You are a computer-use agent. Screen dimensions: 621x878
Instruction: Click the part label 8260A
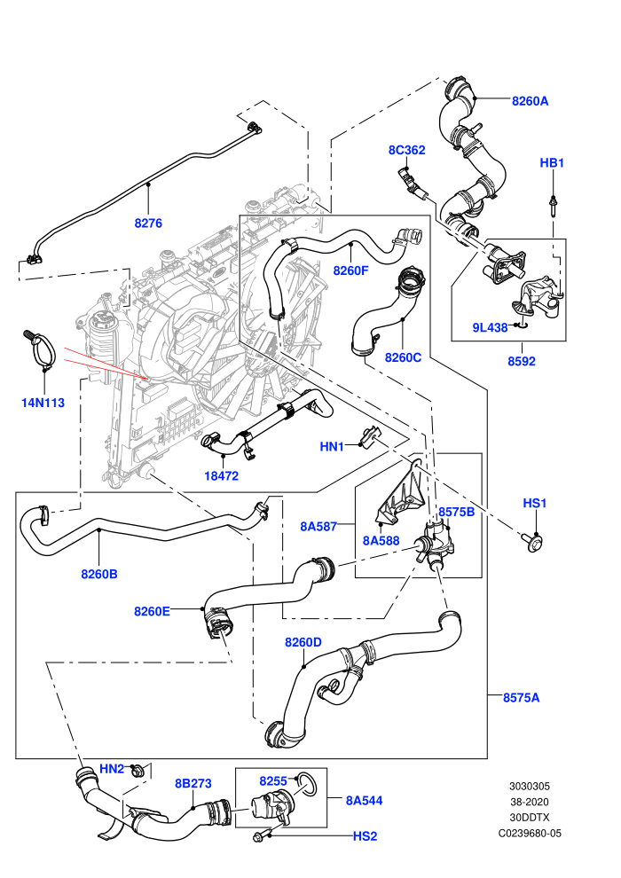pyautogui.click(x=530, y=101)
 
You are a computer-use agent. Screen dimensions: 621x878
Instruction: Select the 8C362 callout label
pyautogui.click(x=406, y=150)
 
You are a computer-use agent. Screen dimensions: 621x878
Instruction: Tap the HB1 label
pyautogui.click(x=552, y=162)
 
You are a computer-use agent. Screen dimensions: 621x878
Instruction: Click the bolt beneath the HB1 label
pyautogui.click(x=553, y=205)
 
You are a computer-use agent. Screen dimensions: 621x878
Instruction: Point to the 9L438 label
pyautogui.click(x=490, y=327)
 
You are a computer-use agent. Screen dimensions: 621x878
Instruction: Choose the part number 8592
pyautogui.click(x=522, y=361)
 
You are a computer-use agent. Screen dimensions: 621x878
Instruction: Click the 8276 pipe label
pyautogui.click(x=148, y=223)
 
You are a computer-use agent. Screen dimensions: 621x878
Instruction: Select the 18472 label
pyautogui.click(x=221, y=475)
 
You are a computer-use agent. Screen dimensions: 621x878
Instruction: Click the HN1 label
pyautogui.click(x=332, y=446)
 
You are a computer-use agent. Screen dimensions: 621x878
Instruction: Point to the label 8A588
pyautogui.click(x=381, y=540)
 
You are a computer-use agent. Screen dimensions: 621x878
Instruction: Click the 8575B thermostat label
pyautogui.click(x=456, y=511)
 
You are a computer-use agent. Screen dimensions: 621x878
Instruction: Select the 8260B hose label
pyautogui.click(x=99, y=574)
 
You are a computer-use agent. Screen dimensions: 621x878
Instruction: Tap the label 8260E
pyautogui.click(x=152, y=611)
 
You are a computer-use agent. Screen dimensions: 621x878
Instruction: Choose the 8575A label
pyautogui.click(x=521, y=697)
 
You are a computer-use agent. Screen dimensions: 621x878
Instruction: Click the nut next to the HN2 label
pyautogui.click(x=136, y=771)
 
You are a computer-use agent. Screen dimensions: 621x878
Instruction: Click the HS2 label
pyautogui.click(x=366, y=836)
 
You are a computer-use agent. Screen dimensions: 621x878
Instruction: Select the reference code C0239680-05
pyautogui.click(x=530, y=833)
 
